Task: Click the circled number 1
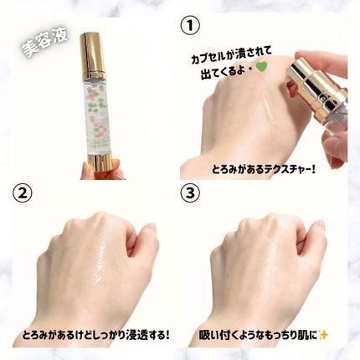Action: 190,25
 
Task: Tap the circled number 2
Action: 22,193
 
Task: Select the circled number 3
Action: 190,193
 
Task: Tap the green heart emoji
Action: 261,67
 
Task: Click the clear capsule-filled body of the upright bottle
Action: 96,117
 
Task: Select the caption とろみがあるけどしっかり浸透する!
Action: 95,335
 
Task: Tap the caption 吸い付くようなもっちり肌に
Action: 258,335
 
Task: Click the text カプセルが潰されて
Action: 231,55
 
